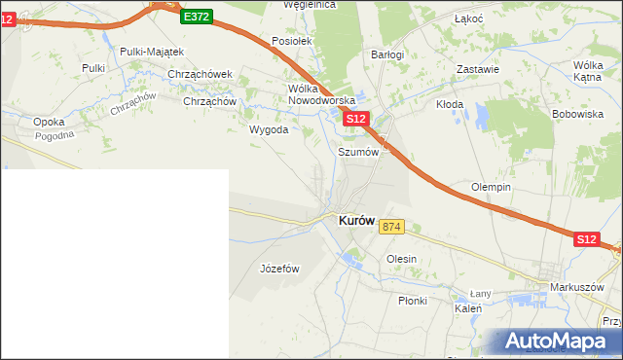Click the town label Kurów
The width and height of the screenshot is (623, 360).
(x=356, y=221)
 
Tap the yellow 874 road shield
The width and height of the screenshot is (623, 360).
(x=391, y=227)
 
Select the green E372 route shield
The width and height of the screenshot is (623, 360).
(x=196, y=17)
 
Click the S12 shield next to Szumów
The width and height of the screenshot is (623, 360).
(x=356, y=119)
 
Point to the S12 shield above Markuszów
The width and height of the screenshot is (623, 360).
(x=585, y=238)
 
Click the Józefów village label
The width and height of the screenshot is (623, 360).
(x=278, y=269)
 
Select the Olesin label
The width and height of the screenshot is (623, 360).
(x=401, y=259)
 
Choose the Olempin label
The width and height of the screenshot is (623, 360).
(x=492, y=187)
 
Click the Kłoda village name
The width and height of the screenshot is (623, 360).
(x=449, y=104)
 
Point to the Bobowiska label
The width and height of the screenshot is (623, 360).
(x=578, y=114)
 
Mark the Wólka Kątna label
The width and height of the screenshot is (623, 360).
(x=588, y=70)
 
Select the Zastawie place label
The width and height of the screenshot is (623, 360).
(x=478, y=69)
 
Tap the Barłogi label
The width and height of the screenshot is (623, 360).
(x=387, y=55)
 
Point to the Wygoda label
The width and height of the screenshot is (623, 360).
(x=269, y=128)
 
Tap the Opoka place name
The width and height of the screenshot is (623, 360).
(x=49, y=122)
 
